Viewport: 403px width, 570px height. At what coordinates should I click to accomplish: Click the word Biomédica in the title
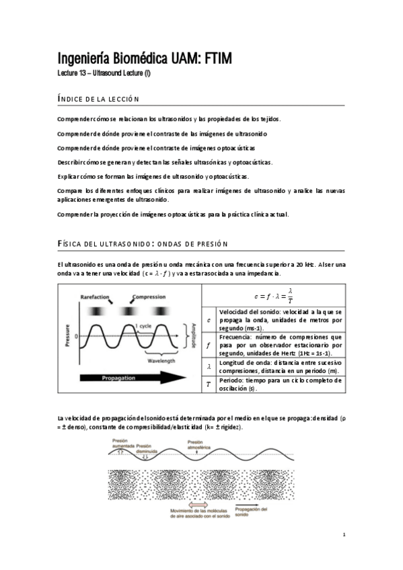pos(132,59)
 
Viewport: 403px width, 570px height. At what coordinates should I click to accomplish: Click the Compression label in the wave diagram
pos(149,296)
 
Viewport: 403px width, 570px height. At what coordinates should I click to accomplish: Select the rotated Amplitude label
pos(194,333)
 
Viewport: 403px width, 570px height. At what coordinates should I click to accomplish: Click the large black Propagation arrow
pos(127,378)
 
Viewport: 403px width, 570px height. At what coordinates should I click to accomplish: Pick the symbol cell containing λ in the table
pos(209,366)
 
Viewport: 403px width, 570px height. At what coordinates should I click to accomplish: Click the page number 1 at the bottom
pos(344,536)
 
